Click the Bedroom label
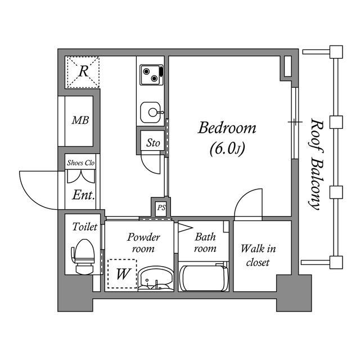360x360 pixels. pyautogui.click(x=227, y=128)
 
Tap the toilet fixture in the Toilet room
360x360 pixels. pyautogui.click(x=84, y=256)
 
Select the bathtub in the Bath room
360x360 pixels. pyautogui.click(x=204, y=278)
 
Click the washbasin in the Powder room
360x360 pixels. pyautogui.click(x=156, y=279)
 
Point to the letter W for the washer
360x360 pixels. pyautogui.click(x=123, y=274)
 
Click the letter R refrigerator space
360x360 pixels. pyautogui.click(x=83, y=71)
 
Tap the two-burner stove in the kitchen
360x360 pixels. pyautogui.click(x=151, y=75)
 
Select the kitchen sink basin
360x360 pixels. pyautogui.click(x=151, y=112)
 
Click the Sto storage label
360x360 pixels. pyautogui.click(x=153, y=143)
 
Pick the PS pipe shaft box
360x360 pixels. pyautogui.click(x=161, y=208)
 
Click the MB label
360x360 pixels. pyautogui.click(x=80, y=120)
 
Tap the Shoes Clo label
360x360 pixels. pyautogui.click(x=80, y=163)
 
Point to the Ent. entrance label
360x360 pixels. pyautogui.click(x=84, y=195)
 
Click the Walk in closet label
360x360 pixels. pyautogui.click(x=258, y=255)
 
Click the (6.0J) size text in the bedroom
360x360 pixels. pyautogui.click(x=227, y=148)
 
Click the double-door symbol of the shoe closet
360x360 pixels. pyautogui.click(x=81, y=176)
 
